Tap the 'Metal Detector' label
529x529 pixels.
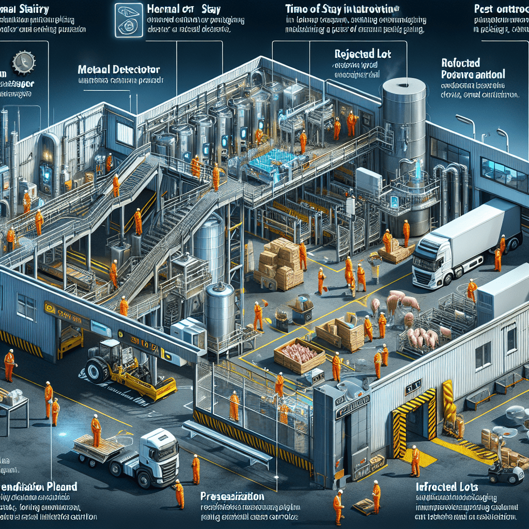click(119, 69)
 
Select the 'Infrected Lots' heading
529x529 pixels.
click(446, 487)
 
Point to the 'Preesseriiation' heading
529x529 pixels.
click(232, 496)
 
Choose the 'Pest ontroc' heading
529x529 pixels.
click(500, 9)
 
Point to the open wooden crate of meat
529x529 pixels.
click(300, 355)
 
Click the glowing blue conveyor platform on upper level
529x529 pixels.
click(269, 163)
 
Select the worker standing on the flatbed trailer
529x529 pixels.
click(96, 430)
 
